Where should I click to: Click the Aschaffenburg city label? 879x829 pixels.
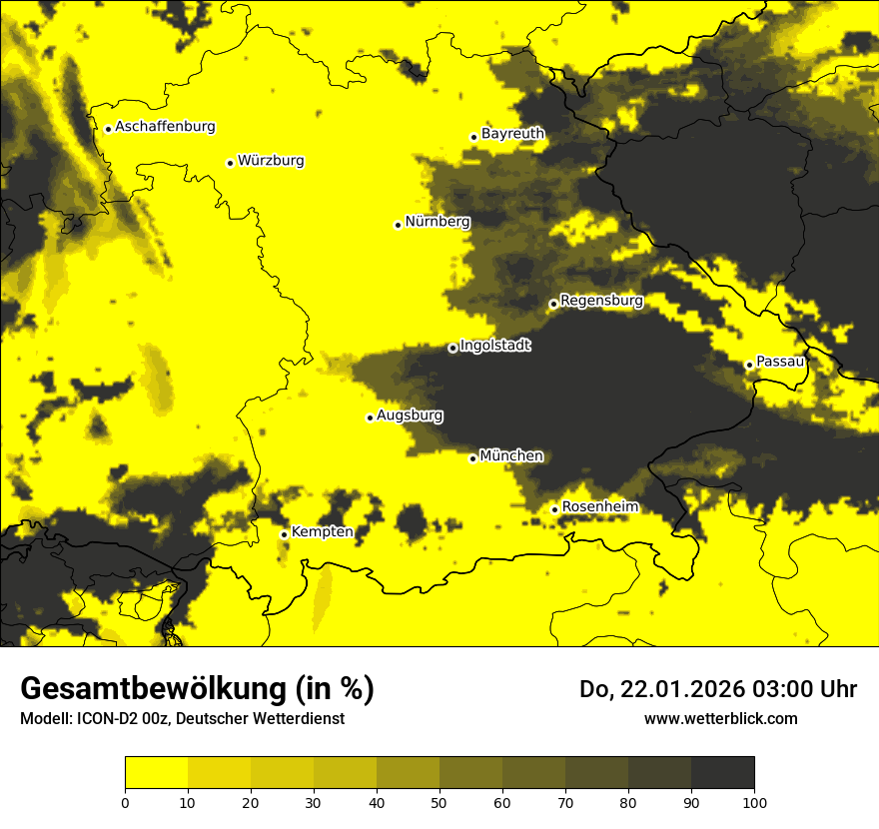pyautogui.click(x=165, y=127)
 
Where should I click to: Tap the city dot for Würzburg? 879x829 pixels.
pyautogui.click(x=230, y=163)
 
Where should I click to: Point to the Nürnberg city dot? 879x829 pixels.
pyautogui.click(x=398, y=225)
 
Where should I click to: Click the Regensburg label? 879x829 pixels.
pyautogui.click(x=601, y=300)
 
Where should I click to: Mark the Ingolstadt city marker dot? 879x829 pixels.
pyautogui.click(x=452, y=348)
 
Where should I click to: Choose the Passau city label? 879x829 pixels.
pyautogui.click(x=780, y=362)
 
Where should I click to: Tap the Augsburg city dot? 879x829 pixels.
pyautogui.click(x=370, y=417)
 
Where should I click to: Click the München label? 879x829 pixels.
pyautogui.click(x=511, y=455)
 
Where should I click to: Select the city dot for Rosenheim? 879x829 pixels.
pyautogui.click(x=554, y=509)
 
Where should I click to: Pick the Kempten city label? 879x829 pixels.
pyautogui.click(x=322, y=531)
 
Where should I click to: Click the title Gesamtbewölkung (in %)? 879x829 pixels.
pyautogui.click(x=197, y=689)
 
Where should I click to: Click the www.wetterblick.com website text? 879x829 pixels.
pyautogui.click(x=720, y=718)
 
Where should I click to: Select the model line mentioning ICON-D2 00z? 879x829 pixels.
pyautogui.click(x=182, y=718)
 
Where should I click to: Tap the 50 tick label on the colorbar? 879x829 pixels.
pyautogui.click(x=439, y=802)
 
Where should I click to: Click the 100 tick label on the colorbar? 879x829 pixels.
pyautogui.click(x=753, y=802)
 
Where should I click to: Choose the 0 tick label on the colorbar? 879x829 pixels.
pyautogui.click(x=125, y=802)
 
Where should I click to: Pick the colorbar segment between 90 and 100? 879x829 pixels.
pyautogui.click(x=722, y=773)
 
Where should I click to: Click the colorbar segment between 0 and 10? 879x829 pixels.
pyautogui.click(x=156, y=773)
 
